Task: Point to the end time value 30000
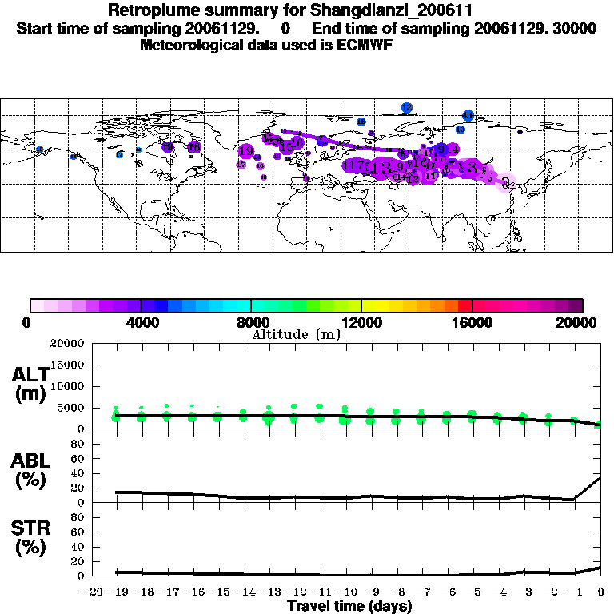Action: point(574,29)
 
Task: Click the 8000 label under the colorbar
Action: point(251,323)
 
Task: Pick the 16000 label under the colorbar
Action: point(472,323)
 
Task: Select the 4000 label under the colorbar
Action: point(141,323)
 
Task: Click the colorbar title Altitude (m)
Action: point(296,334)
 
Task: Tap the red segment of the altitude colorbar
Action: point(464,305)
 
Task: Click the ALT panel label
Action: point(30,375)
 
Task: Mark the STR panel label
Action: point(30,528)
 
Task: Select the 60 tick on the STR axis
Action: point(78,532)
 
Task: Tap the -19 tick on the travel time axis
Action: point(116,592)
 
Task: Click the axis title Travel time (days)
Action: point(349,607)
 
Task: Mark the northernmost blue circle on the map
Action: point(407,107)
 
